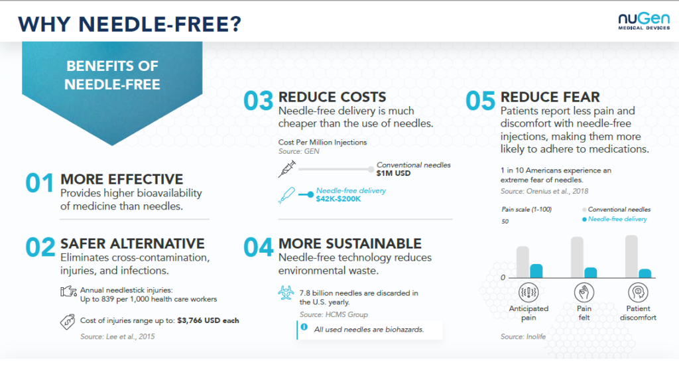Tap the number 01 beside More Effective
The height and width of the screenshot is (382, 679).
pos(38,184)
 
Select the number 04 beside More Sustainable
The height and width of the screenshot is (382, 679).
pos(258,247)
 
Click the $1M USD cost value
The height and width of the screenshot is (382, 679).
pos(394,174)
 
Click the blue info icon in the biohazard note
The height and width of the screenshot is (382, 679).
pos(304,327)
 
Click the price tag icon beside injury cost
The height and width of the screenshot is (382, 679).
pos(68,321)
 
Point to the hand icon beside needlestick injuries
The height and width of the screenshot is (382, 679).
pos(68,292)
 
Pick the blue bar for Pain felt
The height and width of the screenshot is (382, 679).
pos(590,272)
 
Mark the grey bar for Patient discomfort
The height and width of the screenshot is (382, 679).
pos(631,256)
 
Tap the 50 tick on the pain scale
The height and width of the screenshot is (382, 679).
pos(505,221)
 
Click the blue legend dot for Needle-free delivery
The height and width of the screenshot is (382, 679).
pos(584,219)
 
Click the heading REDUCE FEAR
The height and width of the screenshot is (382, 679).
pos(550,97)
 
